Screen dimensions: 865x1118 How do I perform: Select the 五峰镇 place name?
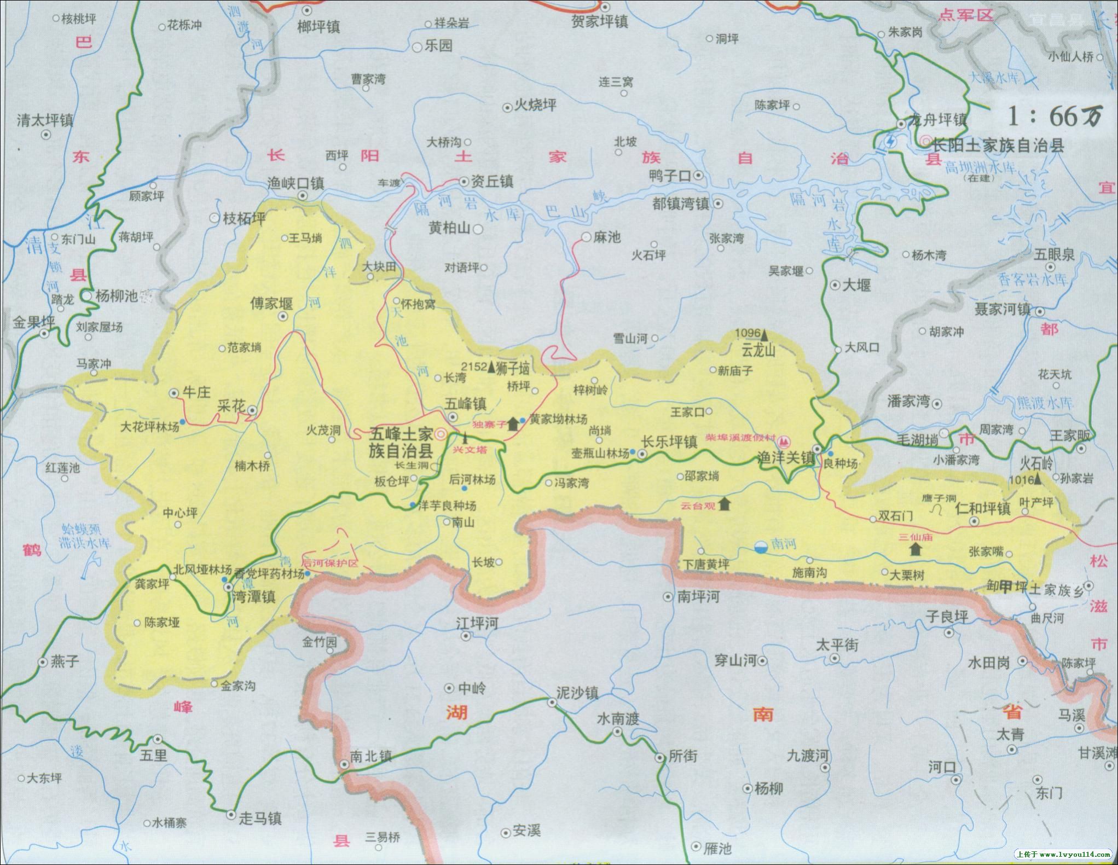point(465,404)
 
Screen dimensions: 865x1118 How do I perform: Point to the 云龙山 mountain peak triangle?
point(764,333)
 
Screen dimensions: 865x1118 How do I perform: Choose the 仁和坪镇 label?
point(983,508)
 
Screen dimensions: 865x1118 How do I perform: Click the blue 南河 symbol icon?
point(761,545)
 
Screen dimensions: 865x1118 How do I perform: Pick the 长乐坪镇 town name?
point(669,441)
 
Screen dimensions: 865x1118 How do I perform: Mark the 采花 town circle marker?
point(252,410)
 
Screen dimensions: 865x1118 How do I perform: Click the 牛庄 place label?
point(196,392)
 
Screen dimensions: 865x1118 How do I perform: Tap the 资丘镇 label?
point(492,181)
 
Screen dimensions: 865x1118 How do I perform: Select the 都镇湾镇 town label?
point(680,204)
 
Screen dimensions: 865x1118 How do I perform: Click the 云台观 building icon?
point(725,503)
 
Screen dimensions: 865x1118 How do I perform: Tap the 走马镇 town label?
point(260,818)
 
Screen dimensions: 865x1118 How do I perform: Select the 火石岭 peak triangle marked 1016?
point(1038,478)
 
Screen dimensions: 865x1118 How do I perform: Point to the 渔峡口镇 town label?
point(296,183)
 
